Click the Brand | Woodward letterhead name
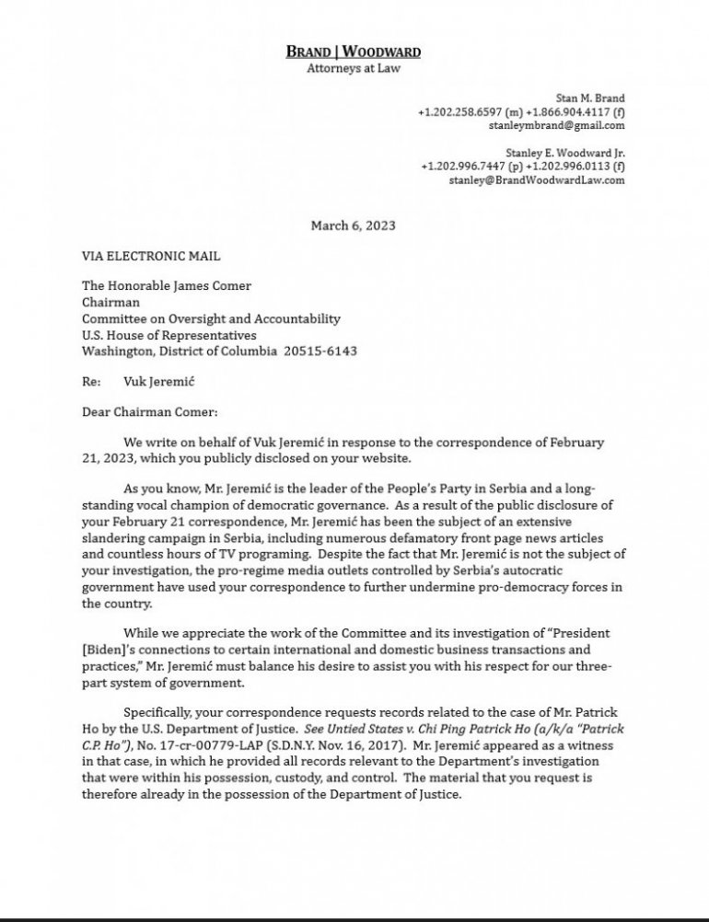point(354,52)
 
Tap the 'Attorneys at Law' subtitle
point(354,67)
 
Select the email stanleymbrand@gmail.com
point(556,125)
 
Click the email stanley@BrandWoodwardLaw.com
point(537,180)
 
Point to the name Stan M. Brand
point(590,98)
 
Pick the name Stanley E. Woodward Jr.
point(564,153)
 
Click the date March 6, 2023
point(354,225)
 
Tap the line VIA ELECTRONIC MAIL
point(151,256)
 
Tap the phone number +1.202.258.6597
point(456,111)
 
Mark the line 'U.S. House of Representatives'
point(169,336)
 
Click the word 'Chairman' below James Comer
point(110,303)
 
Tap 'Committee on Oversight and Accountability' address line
point(211,319)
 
